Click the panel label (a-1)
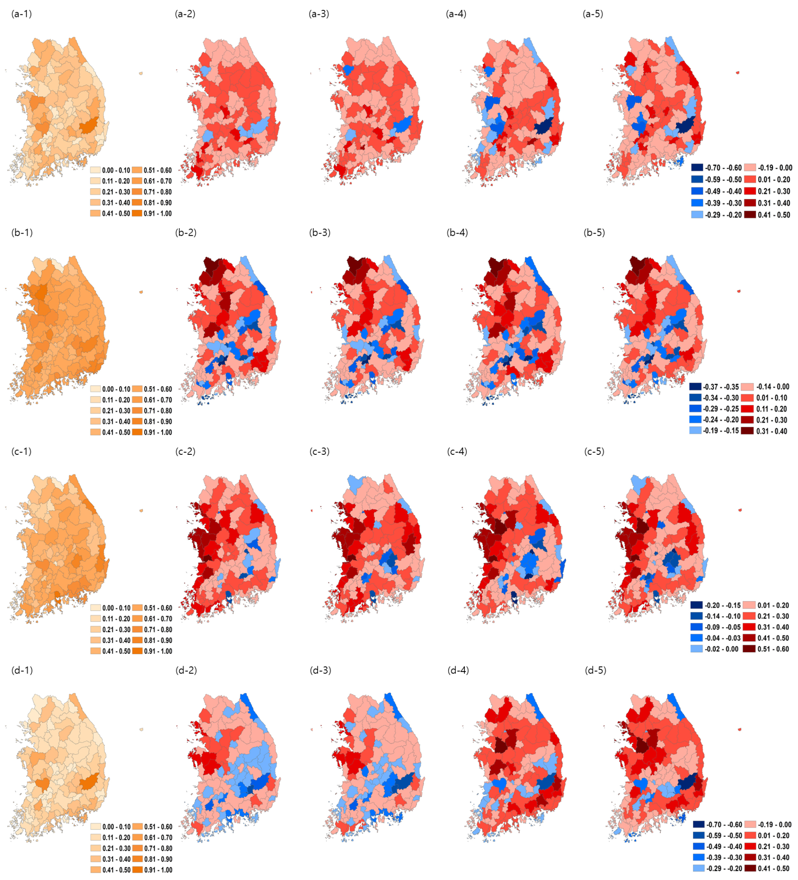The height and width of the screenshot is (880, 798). [21, 14]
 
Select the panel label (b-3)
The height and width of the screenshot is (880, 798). [320, 233]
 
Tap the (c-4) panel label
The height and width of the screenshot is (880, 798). [457, 452]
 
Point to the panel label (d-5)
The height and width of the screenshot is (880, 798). [596, 670]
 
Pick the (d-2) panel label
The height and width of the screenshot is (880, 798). [186, 670]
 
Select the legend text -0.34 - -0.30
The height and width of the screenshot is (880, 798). [721, 398]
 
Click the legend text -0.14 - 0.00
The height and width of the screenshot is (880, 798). [772, 387]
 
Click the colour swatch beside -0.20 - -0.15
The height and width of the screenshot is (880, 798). [696, 605]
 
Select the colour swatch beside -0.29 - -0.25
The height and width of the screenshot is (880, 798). [696, 409]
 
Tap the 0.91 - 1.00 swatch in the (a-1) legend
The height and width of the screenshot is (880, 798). [137, 213]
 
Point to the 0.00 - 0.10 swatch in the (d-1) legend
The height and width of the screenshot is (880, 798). [96, 827]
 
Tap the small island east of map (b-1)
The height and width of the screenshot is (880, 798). [141, 292]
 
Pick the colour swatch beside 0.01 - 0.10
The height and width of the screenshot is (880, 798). [747, 398]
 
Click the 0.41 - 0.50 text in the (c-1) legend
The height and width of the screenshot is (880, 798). [116, 651]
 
